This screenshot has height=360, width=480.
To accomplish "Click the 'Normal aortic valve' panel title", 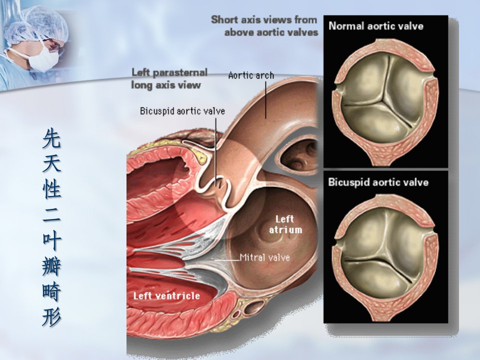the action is (x=376, y=25).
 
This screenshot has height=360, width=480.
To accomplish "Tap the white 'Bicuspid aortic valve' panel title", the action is (x=378, y=182).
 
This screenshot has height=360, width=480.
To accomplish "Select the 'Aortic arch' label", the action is (x=251, y=75).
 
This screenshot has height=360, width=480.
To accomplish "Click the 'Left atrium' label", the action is (x=285, y=224).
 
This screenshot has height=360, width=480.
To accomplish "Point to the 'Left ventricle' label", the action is (x=166, y=295).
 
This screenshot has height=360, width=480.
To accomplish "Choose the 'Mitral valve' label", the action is (x=265, y=257).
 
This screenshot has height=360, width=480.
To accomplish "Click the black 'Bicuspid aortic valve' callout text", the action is (x=182, y=111).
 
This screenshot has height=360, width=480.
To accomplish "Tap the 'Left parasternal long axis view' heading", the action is (x=169, y=78).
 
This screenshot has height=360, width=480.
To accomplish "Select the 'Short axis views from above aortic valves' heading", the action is (x=264, y=26).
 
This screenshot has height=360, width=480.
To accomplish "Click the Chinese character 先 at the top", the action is (x=51, y=138).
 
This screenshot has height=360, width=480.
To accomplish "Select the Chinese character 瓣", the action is (x=51, y=266).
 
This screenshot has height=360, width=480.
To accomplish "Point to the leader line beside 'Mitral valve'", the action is (x=226, y=260).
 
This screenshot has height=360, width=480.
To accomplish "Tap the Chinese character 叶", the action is (x=51, y=240).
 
